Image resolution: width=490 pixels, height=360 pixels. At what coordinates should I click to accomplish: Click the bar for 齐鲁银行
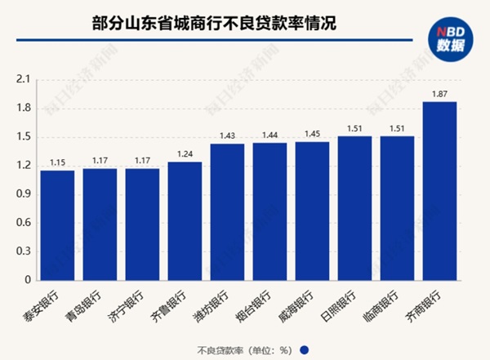[x=185, y=220]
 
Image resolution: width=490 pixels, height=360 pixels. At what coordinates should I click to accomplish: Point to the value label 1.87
[x=439, y=93]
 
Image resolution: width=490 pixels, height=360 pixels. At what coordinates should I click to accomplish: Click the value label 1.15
[x=57, y=162]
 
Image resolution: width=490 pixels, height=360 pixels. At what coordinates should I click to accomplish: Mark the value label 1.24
[x=185, y=153]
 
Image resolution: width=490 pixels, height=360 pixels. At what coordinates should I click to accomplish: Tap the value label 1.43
[x=227, y=136]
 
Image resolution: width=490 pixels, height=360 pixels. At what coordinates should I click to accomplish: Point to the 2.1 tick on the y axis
[x=22, y=80]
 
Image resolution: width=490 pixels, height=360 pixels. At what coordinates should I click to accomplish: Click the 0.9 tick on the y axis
[x=22, y=194]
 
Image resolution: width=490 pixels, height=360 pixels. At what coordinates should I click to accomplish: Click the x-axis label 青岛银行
[x=88, y=303]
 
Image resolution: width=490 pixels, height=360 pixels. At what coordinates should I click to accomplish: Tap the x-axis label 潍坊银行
[x=216, y=303]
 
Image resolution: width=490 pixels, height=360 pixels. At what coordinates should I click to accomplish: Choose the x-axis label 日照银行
[x=343, y=303]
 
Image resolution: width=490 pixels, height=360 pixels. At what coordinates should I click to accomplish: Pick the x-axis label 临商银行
[x=385, y=303]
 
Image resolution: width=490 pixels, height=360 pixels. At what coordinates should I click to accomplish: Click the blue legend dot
[x=304, y=349]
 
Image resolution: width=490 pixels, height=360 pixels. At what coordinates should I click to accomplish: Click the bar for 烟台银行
[x=269, y=211]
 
